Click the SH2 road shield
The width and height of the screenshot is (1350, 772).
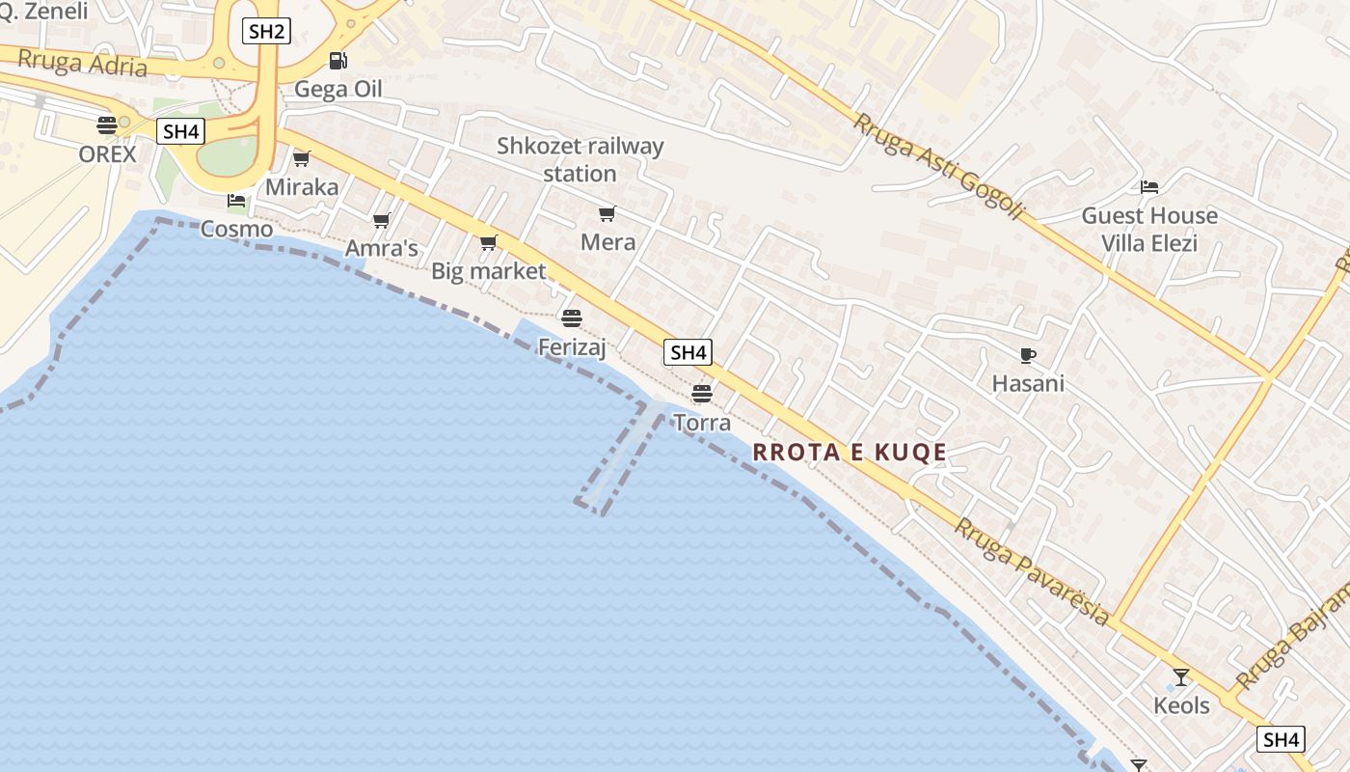click(266, 32)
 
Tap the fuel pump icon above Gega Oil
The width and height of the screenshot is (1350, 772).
click(337, 61)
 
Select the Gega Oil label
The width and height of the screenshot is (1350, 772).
click(337, 90)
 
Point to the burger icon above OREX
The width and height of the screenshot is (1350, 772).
click(107, 124)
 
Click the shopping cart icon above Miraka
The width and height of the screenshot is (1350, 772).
click(302, 158)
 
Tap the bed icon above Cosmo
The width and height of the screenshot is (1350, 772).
click(236, 201)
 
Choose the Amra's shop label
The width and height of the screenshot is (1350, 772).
click(382, 249)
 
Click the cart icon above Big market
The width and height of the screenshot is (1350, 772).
click(489, 242)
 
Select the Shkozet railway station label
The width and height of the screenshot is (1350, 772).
click(580, 160)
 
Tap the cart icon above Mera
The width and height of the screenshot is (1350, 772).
click(607, 213)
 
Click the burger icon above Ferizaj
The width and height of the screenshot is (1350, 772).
click(572, 317)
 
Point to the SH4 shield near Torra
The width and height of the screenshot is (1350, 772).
click(688, 353)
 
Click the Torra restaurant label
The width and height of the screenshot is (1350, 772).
click(702, 423)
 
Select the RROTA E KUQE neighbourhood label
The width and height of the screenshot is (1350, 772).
click(850, 453)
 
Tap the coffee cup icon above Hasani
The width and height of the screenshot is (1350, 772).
click(1028, 355)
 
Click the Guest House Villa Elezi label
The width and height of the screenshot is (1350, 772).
click(1149, 230)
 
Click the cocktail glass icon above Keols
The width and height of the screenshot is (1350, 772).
click(1181, 676)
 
